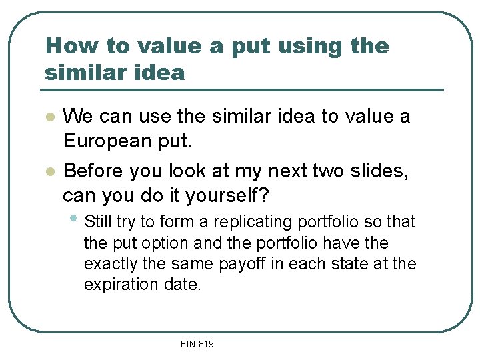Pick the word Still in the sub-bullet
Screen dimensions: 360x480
point(98,221)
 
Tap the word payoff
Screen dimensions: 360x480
point(247,264)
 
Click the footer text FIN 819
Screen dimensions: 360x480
point(197,344)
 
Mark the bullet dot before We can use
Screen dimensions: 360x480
point(49,117)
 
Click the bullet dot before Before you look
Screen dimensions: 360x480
point(49,172)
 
